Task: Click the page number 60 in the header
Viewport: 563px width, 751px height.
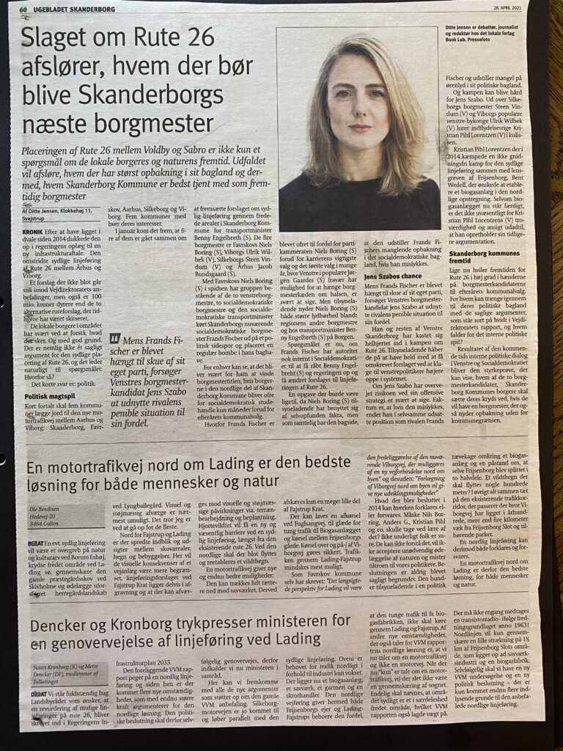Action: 24,10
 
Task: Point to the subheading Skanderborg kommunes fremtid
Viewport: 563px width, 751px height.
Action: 477,257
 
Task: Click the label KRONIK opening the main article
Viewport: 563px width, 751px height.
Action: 26,231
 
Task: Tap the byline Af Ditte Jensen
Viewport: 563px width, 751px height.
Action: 45,210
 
